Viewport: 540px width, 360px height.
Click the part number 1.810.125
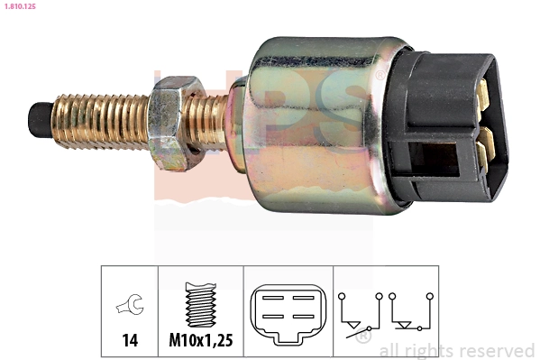tap(19, 7)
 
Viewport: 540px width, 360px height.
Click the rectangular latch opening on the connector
tap(433, 162)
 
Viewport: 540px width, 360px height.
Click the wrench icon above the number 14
tap(129, 308)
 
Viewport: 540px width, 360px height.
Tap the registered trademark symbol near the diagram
tap(363, 337)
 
